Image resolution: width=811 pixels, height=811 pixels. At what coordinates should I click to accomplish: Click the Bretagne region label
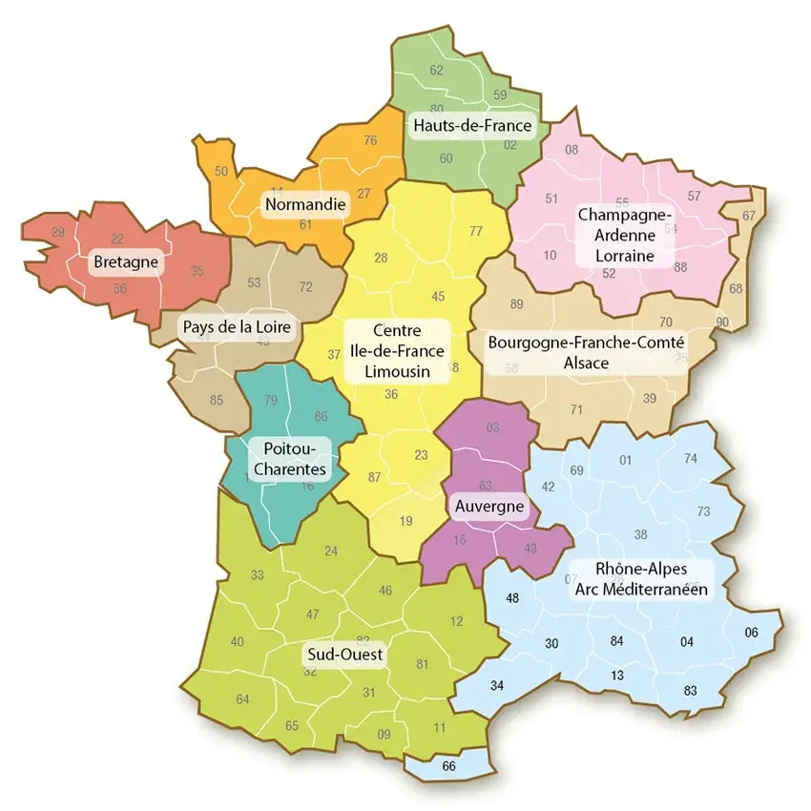[125, 260]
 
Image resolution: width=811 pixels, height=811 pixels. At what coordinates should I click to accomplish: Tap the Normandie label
[305, 204]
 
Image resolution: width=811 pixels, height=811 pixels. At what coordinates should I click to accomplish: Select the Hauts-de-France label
[471, 125]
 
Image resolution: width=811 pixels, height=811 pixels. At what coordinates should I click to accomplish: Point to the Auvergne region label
[488, 506]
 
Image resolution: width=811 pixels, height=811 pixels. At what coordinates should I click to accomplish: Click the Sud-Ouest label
[344, 655]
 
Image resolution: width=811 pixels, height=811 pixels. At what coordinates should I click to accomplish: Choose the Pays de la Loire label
[237, 327]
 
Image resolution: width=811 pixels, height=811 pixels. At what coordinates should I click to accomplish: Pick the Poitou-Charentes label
[289, 457]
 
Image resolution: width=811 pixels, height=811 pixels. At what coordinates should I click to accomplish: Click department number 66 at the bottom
[449, 766]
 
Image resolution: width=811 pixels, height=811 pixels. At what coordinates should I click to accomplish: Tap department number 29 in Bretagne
[58, 232]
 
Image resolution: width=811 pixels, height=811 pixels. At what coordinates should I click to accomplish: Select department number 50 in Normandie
[221, 172]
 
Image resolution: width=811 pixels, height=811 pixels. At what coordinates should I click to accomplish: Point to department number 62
[437, 70]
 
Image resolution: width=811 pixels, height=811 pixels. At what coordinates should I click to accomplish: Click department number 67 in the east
[749, 216]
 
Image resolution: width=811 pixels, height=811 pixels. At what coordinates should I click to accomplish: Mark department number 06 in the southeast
[751, 633]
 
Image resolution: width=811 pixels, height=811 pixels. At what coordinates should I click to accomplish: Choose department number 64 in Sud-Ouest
[242, 699]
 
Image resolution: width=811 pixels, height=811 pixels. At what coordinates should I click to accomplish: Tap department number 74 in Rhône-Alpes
[691, 458]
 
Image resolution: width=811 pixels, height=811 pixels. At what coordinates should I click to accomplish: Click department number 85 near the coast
[217, 400]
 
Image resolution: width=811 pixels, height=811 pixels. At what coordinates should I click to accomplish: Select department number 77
[476, 231]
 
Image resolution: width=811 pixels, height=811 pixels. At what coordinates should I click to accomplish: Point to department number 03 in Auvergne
[492, 427]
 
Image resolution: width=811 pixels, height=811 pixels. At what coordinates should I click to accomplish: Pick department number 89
[517, 303]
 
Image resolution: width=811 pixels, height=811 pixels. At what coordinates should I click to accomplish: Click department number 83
[691, 690]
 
